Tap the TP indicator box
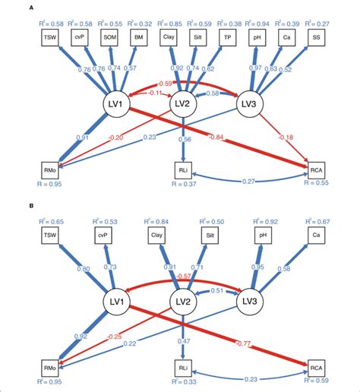(x=226, y=36)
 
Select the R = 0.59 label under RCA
(x=317, y=383)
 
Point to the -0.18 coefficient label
(x=287, y=137)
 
